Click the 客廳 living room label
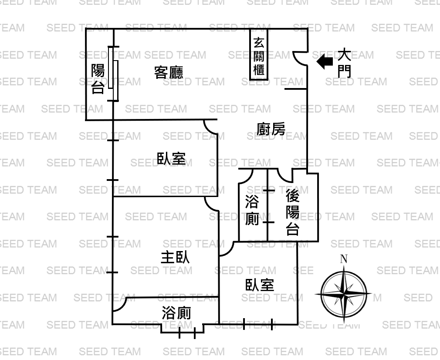169,72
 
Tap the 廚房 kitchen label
271,129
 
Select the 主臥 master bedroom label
175,257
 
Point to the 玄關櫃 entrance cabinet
259,54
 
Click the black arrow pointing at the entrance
325,61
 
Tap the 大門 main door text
344,63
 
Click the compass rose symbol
344,294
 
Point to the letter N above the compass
344,258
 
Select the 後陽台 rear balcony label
292,212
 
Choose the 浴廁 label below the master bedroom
176,313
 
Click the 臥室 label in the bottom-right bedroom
260,285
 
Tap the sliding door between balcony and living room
113,74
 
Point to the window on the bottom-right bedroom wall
258,324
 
